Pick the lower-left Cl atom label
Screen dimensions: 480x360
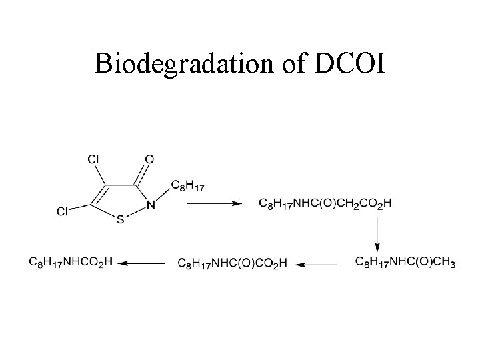(62, 211)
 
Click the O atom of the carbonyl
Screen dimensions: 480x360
(149, 159)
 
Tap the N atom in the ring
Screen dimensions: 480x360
(151, 205)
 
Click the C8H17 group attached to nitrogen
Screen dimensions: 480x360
(188, 185)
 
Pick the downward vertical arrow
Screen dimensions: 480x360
(378, 234)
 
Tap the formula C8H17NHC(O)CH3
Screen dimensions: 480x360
(405, 263)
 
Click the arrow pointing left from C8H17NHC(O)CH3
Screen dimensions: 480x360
(316, 264)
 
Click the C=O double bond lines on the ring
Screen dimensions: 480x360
(142, 172)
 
